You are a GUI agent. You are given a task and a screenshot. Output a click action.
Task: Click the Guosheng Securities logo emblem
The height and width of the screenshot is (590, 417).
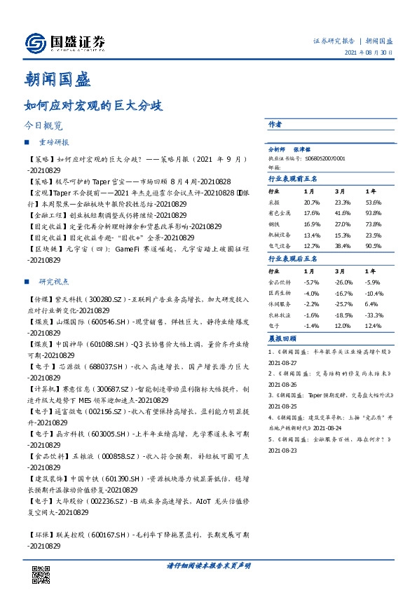click(35, 44)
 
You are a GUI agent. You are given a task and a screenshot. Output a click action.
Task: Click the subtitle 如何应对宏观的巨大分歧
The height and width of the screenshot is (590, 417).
click(93, 107)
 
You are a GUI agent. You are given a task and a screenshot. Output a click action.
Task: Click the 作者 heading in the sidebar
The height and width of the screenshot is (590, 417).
click(275, 124)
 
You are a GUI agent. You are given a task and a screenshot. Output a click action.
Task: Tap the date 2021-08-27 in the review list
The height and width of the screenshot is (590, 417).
click(283, 363)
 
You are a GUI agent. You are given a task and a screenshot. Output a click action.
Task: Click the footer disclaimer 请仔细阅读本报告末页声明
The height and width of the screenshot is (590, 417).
click(209, 565)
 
